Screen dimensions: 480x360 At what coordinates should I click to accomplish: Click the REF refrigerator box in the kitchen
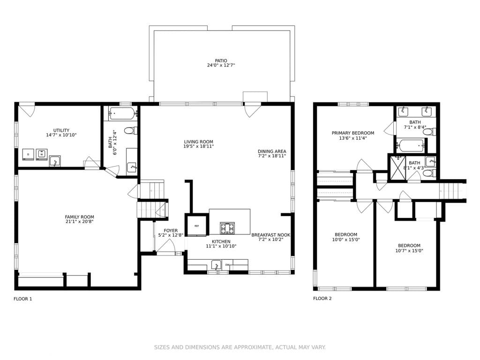pos(197,226)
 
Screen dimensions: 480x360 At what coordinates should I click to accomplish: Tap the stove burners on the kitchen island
pos(227,228)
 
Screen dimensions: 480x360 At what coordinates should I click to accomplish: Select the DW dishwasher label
pos(227,265)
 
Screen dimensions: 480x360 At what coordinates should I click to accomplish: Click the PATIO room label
pos(221,60)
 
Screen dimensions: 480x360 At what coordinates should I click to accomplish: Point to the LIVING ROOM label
pos(199,142)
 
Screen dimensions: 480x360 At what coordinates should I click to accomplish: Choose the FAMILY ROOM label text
pos(80,217)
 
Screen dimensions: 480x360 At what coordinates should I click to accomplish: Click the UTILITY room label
pos(61,130)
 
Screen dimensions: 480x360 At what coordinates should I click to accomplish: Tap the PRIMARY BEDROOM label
pos(353,133)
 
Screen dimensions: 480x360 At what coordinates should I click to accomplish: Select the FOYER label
pos(171,231)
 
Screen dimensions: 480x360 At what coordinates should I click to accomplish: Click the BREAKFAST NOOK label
pos(270,235)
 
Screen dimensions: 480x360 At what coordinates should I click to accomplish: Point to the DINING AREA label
pos(272,151)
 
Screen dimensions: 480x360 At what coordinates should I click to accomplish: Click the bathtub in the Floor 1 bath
pos(122,113)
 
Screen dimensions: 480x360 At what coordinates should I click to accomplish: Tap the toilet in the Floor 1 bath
pos(130,131)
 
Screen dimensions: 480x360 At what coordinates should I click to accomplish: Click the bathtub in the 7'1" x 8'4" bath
pos(411,145)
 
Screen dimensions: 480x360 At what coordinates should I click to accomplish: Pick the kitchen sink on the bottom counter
pos(216,265)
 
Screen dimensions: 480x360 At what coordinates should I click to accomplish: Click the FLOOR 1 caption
pos(22,299)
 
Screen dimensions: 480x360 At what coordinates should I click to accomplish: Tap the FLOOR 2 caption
pos(322,299)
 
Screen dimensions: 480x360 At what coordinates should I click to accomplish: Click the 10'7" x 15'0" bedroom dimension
pos(409,251)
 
